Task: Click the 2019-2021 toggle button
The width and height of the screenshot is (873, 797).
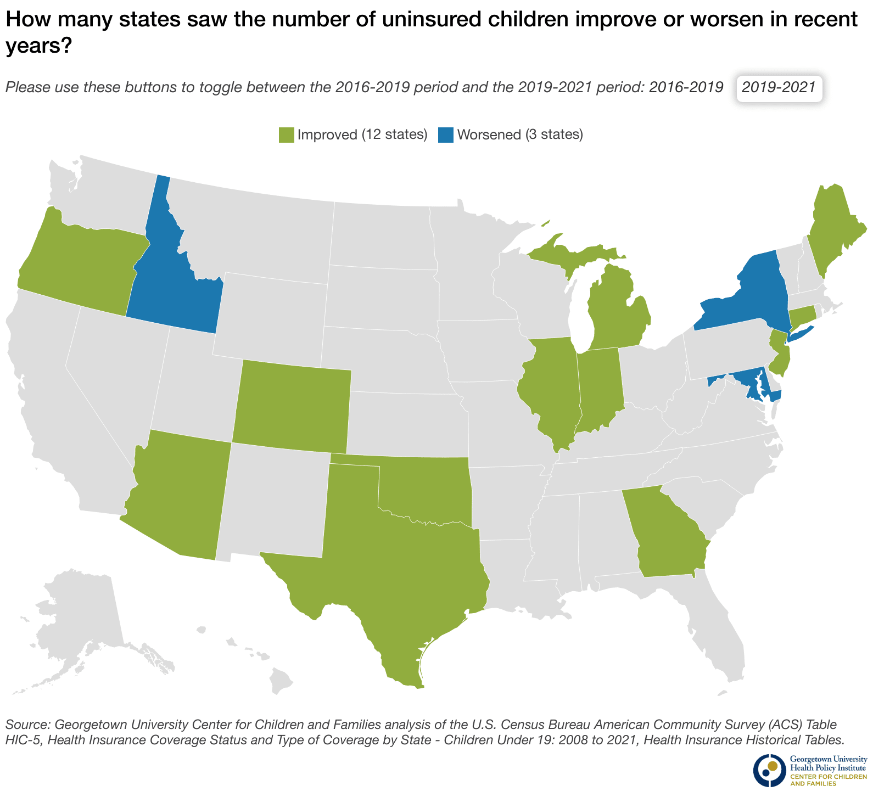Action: pos(779,88)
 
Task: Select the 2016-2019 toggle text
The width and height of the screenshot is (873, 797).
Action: pos(686,88)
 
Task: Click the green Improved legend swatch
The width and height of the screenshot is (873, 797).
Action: pos(286,134)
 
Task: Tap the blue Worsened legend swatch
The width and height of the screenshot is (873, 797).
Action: pos(445,134)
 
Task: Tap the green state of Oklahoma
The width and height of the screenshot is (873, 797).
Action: pos(428,489)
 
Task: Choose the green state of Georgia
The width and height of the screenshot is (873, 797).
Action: pos(664,532)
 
